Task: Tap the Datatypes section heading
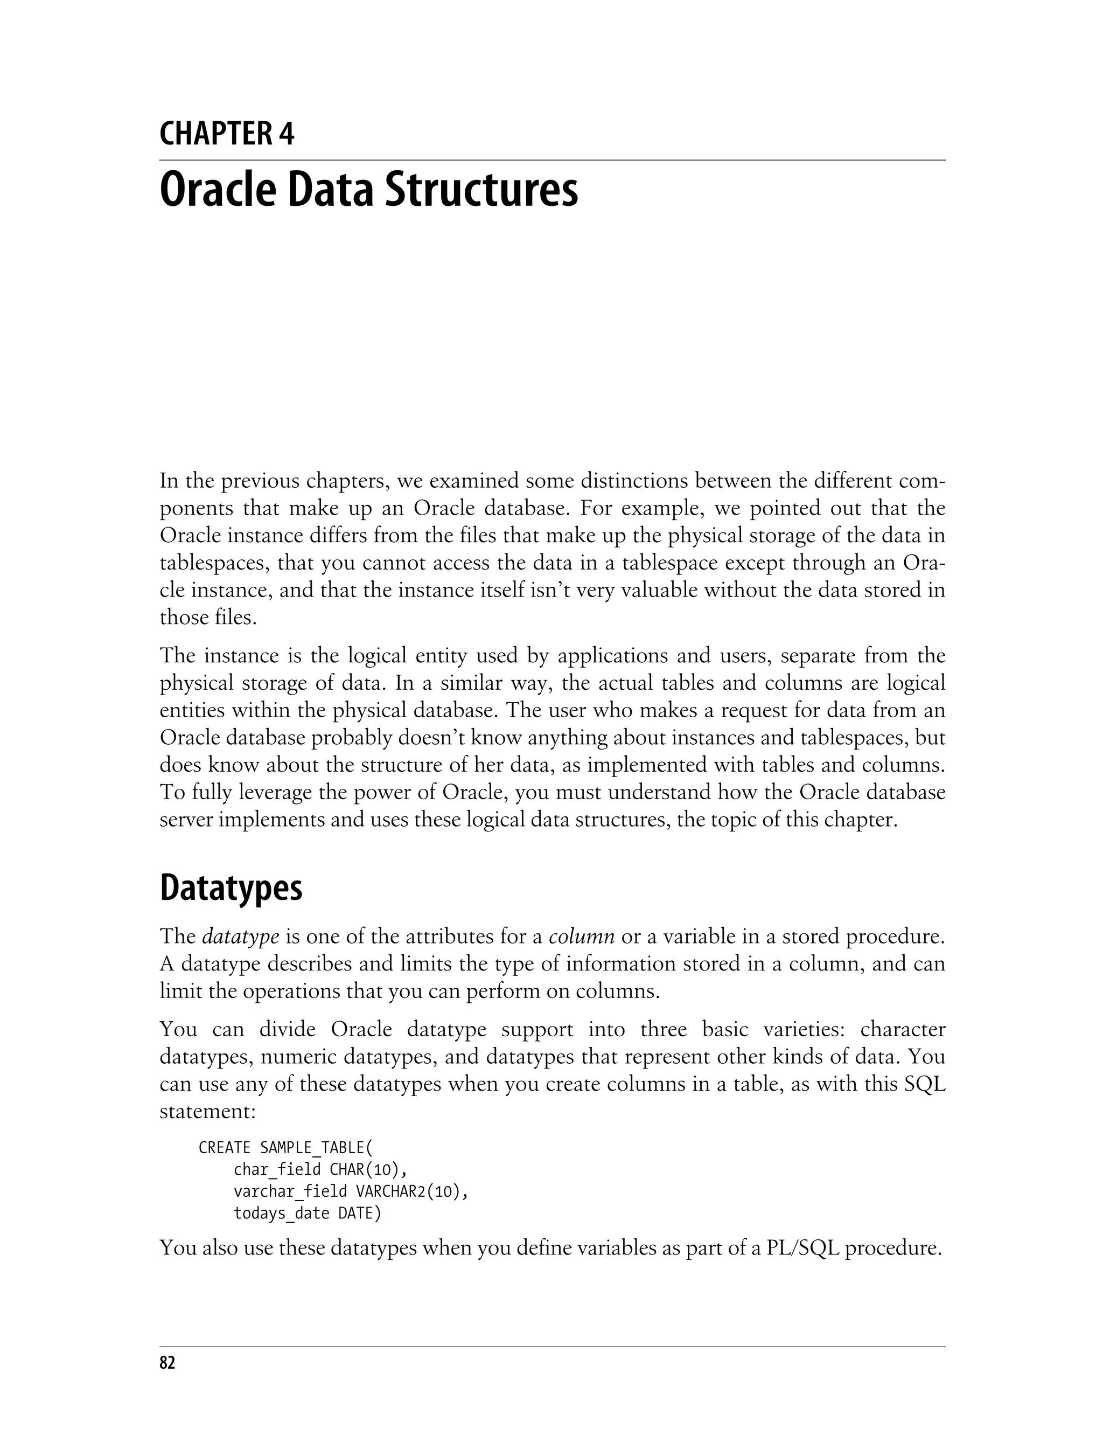pos(231,888)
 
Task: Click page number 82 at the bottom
pos(167,1363)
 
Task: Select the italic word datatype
pos(241,937)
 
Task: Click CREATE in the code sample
pos(225,1148)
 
